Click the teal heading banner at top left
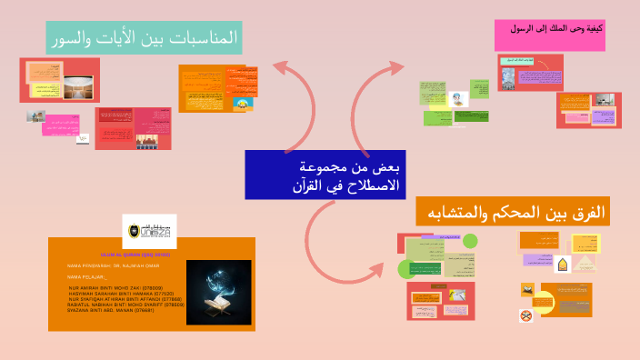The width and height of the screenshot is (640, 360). coord(145,38)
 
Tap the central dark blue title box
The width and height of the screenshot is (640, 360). coord(325,175)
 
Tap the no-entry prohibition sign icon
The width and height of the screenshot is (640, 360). coord(525,315)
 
